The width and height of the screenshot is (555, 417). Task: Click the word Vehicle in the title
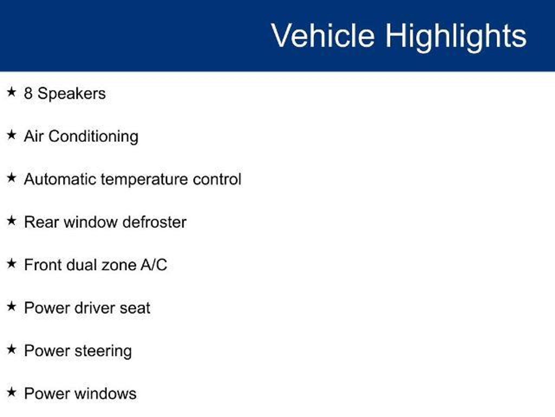(323, 36)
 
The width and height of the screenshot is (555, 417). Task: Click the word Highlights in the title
(456, 37)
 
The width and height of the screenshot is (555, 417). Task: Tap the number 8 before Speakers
(28, 93)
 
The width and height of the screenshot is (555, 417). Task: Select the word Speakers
(72, 94)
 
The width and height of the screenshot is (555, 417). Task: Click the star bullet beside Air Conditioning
(11, 135)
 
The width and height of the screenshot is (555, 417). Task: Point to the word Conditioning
(93, 136)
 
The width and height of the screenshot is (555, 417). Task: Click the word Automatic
(60, 179)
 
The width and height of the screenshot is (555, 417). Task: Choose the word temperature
(144, 180)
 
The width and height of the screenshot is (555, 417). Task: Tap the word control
(217, 179)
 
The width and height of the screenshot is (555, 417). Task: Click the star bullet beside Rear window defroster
(11, 220)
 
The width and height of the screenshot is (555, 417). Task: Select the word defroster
(154, 222)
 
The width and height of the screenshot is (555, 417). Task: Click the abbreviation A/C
(154, 265)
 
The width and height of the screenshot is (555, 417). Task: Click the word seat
(135, 308)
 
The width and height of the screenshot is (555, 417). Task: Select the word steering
(103, 351)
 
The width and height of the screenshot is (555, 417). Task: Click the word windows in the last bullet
(105, 394)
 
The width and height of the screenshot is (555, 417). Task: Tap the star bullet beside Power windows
(11, 392)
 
